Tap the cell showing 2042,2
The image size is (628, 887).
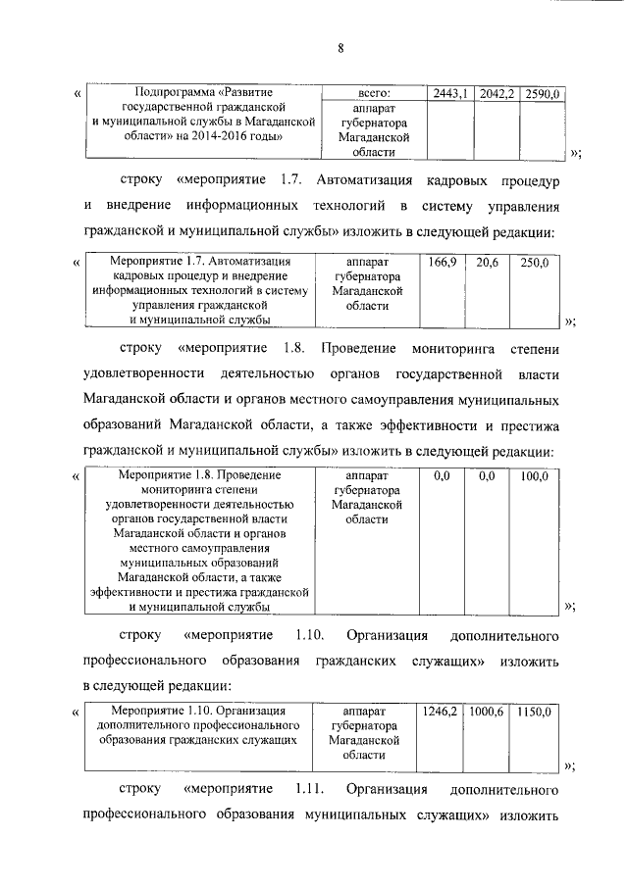point(497,93)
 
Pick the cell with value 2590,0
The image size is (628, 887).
point(542,93)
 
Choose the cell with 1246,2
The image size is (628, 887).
point(440,710)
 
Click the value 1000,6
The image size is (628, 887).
point(487,710)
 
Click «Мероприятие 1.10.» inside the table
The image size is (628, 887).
point(162,710)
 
